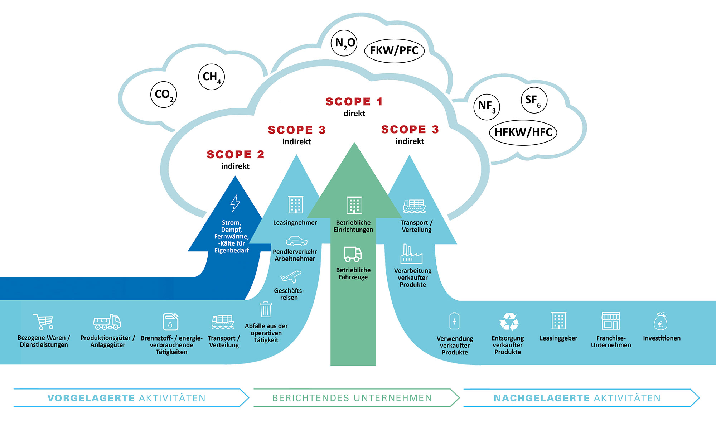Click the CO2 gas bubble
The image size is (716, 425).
coord(164,95)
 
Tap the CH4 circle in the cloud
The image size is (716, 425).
coord(211,77)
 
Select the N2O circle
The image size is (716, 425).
coord(344,43)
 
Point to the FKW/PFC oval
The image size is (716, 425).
coord(394,51)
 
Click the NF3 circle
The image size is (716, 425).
coord(487,106)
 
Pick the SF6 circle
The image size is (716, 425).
coord(534,100)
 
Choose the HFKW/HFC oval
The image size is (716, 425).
coord(523,132)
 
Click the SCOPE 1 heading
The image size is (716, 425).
coord(354,102)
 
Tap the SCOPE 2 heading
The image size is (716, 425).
coord(235,155)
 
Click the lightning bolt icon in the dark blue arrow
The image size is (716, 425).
coord(235,203)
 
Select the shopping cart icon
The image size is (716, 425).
coord(43,322)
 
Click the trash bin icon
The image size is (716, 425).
coord(266,309)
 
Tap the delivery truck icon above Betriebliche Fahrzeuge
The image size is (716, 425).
coord(353,254)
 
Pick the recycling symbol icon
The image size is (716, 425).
coord(509,322)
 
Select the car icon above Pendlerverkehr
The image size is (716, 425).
coord(296,241)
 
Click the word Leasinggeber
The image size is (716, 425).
coord(558,338)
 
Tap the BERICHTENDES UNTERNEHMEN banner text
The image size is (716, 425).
coord(352,398)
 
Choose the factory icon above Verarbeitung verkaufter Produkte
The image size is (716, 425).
coord(411,254)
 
